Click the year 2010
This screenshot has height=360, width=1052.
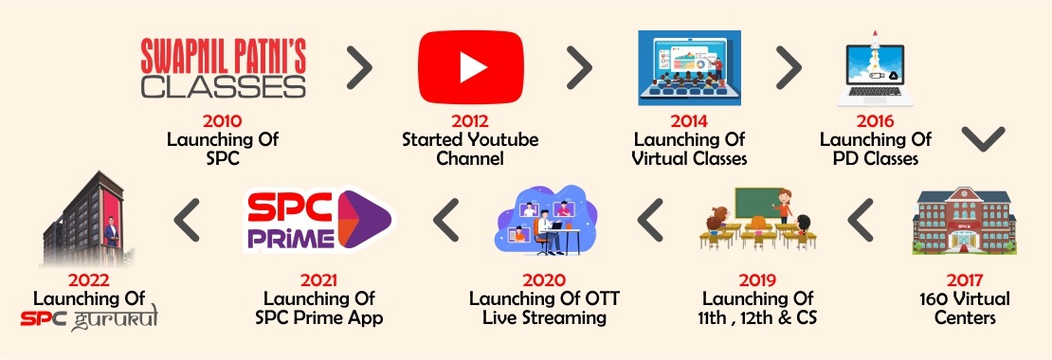222,121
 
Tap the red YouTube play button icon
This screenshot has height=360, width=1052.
471,67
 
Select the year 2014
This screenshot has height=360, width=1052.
690,121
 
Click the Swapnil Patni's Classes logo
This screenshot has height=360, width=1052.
224,67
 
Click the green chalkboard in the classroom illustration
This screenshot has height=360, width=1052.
759,203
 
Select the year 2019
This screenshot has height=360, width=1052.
757,279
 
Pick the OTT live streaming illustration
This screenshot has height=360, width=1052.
546,220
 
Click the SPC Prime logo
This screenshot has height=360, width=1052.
319,220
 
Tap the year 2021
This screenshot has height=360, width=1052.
318,279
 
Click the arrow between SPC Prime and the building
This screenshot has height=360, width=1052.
188,220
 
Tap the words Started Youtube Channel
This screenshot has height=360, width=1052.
470,150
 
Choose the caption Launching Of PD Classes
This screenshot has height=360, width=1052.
876,150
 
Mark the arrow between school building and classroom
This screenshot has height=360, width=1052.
861,220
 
